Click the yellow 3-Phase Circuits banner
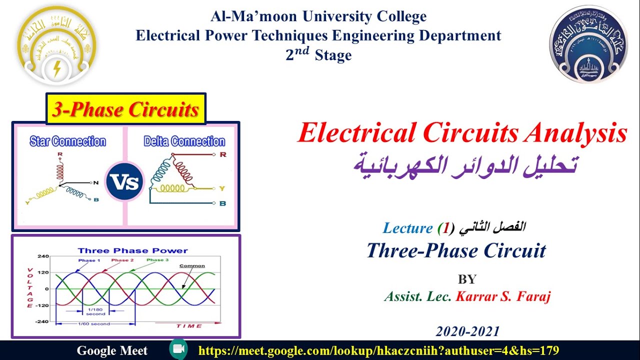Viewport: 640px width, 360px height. [x=125, y=109]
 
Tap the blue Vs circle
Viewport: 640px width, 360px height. [x=124, y=181]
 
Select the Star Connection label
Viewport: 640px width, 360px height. [x=68, y=141]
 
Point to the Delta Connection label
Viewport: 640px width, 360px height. [x=184, y=141]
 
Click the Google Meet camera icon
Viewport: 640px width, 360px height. [x=178, y=349]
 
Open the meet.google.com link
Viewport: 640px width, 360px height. [x=378, y=350]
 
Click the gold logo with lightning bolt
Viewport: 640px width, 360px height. [x=56, y=46]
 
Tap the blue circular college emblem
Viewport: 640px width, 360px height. [x=588, y=44]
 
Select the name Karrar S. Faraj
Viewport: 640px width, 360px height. [x=503, y=296]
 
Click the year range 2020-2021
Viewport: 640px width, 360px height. [x=468, y=331]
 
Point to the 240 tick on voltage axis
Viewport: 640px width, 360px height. [x=43, y=256]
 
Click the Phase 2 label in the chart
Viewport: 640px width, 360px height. [x=122, y=260]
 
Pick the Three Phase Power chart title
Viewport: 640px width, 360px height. [x=133, y=250]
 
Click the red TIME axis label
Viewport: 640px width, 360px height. [x=189, y=326]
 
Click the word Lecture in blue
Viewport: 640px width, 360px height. [x=407, y=228]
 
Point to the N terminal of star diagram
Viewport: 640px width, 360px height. [x=96, y=182]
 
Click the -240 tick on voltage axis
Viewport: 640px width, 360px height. [x=42, y=321]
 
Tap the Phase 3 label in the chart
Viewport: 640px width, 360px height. [x=157, y=260]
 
